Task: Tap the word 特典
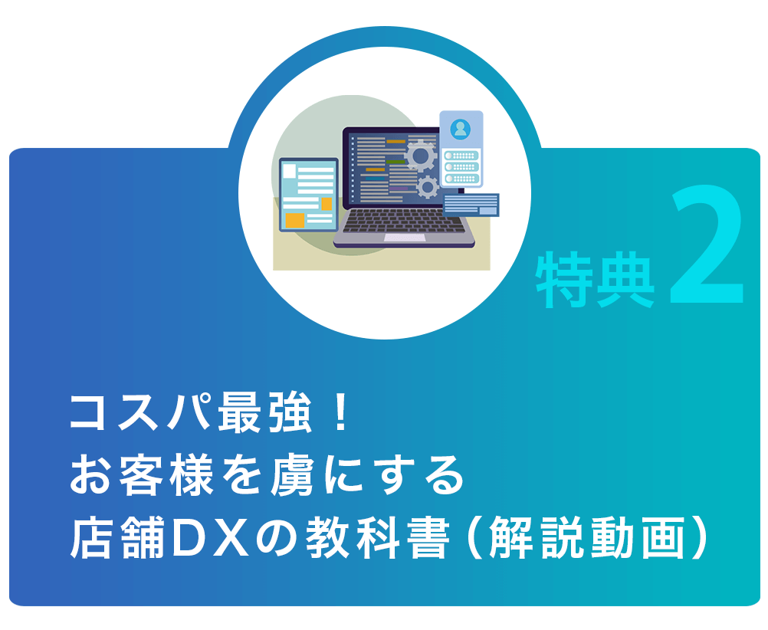[x=596, y=280]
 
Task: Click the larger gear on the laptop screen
[x=420, y=156]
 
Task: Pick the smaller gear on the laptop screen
[x=428, y=187]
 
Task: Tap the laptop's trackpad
[x=405, y=238]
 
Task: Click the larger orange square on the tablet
[x=295, y=220]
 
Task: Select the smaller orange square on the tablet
[x=327, y=203]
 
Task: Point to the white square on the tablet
[x=290, y=171]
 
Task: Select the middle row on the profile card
[x=461, y=167]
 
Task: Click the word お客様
[x=142, y=475]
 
